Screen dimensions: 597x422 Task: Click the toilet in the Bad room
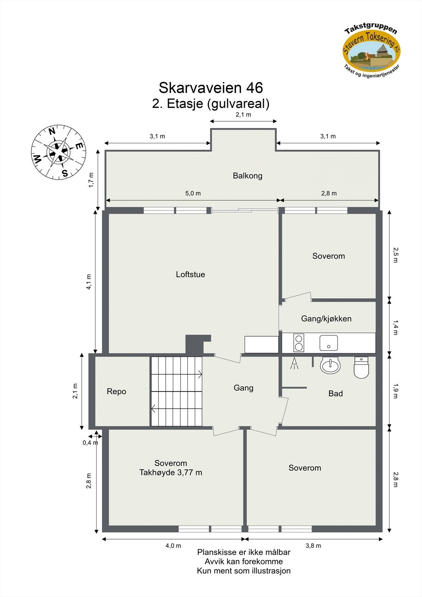361,368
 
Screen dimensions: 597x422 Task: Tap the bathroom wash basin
330,366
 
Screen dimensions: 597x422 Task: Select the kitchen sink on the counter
328,343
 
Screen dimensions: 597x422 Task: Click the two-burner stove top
298,343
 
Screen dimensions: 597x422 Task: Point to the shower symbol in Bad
295,363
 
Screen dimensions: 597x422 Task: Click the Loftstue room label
190,275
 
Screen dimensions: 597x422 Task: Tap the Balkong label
247,176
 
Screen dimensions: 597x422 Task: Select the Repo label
116,391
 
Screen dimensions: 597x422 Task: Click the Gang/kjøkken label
326,319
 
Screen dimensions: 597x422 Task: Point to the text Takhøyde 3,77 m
171,473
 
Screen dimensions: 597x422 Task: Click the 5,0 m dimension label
193,193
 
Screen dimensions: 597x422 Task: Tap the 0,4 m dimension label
90,443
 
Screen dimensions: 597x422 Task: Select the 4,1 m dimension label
89,282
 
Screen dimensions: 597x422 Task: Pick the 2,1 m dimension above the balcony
243,115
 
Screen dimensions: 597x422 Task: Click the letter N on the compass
52,131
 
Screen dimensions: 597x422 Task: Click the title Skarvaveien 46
211,88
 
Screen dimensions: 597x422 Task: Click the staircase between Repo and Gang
176,391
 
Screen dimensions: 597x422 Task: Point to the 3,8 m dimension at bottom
313,546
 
